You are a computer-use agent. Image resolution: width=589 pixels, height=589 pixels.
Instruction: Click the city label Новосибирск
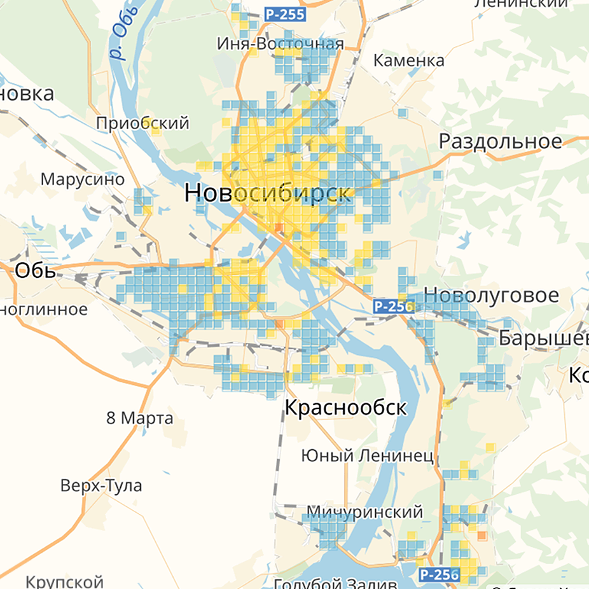coord(267,193)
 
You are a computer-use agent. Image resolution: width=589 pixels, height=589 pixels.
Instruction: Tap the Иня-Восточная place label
coord(280,44)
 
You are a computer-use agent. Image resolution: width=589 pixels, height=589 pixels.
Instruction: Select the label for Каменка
coord(408,61)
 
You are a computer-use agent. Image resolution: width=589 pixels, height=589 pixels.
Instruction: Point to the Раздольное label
coord(501,141)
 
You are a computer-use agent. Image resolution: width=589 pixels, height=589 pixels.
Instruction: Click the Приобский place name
coord(142,123)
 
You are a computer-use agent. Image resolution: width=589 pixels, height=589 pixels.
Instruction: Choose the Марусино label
coord(82,179)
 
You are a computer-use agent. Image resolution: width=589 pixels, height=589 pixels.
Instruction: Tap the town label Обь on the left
coord(35,270)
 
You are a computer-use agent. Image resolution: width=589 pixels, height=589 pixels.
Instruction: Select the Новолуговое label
coord(491,295)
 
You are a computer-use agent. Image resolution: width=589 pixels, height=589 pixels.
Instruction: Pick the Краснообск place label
coord(345,408)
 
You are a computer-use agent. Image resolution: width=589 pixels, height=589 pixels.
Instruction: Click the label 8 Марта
coord(139,419)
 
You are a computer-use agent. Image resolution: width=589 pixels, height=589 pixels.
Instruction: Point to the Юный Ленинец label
coord(367,455)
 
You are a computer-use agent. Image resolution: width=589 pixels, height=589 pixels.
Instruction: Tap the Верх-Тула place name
coord(101,486)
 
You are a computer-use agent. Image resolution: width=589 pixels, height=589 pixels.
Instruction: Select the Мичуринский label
coord(364,512)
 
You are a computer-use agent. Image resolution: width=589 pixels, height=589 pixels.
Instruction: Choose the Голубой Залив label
coord(335,583)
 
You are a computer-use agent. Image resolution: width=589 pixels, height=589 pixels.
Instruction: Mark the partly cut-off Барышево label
coord(543,338)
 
